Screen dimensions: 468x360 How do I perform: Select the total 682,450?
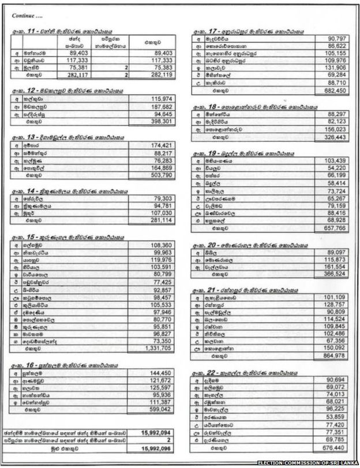tap(333, 92)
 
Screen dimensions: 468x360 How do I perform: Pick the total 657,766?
tap(333, 229)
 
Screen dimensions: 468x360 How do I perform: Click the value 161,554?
tap(333, 268)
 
